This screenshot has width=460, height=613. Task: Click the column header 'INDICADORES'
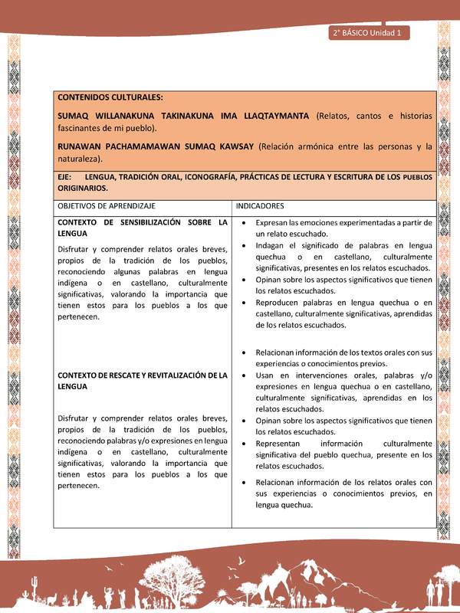tap(261, 207)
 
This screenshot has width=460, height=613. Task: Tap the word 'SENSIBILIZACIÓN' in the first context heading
tap(145, 222)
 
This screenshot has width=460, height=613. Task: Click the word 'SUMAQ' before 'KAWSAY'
tap(216, 146)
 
